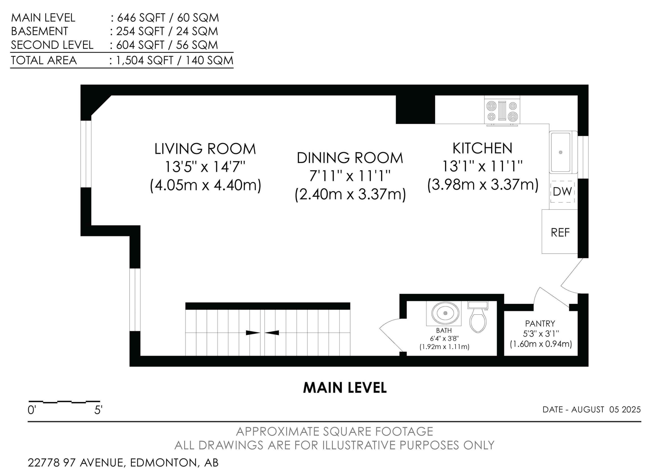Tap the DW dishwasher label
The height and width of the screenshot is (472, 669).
[562, 192]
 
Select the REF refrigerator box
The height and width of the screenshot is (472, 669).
[560, 231]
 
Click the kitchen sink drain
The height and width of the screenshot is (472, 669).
[560, 152]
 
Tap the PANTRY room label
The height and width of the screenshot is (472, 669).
[540, 323]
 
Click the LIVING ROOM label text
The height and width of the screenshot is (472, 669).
[205, 149]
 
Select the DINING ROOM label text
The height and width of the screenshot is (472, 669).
[350, 158]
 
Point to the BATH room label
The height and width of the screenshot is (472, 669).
[444, 330]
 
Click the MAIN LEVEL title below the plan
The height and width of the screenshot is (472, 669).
[345, 388]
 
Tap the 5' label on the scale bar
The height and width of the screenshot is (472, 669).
[98, 410]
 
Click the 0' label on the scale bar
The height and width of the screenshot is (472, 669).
[31, 410]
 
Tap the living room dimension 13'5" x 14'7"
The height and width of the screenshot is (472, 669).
[205, 167]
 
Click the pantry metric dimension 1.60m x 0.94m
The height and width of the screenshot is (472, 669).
[541, 344]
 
